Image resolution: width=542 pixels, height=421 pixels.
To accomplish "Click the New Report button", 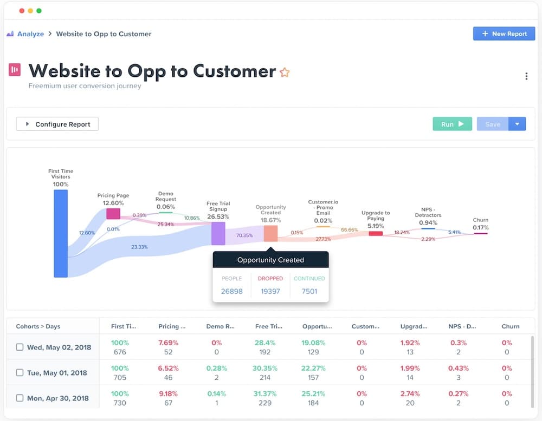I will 504,34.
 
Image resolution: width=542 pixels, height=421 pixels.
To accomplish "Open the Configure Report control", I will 57,124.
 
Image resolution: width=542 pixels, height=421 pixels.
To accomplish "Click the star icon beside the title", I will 285,73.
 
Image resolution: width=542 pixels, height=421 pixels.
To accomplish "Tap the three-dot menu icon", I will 526,76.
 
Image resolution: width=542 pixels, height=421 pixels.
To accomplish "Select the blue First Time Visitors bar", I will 61,233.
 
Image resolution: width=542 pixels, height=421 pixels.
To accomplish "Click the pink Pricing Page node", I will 113,214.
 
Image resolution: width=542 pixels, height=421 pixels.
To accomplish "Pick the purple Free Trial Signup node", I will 218,233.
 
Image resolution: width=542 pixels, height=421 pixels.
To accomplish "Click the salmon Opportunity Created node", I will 270,233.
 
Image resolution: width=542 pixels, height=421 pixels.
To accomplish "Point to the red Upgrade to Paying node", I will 376,233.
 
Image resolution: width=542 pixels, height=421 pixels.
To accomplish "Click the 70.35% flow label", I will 244,235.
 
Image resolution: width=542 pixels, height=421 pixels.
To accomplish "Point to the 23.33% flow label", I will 139,247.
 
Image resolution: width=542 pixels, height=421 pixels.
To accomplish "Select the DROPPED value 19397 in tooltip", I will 270,291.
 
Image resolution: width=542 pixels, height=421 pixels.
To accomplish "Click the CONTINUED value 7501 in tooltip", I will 309,291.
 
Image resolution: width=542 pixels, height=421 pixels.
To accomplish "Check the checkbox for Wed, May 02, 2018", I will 20,347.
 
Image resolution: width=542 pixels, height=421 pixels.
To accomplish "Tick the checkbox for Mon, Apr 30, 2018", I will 20,398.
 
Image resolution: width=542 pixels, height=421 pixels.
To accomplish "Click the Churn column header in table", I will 510,326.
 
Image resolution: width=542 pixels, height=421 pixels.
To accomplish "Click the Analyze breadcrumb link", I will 30,34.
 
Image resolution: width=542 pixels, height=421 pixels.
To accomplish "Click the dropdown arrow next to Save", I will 517,124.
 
